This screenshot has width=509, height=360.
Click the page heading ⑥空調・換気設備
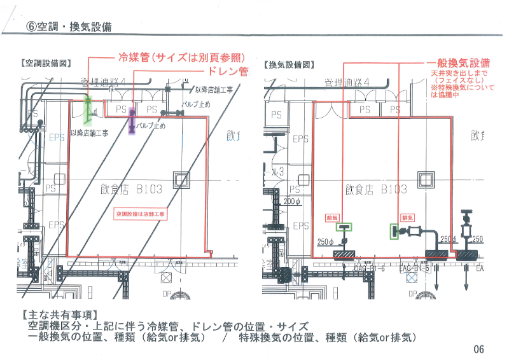point(69,27)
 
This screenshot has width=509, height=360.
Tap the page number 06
point(478,349)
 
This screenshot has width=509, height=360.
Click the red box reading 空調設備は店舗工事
point(139,214)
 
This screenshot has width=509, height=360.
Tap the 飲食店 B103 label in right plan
point(375,189)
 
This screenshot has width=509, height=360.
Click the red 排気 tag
point(404,217)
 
